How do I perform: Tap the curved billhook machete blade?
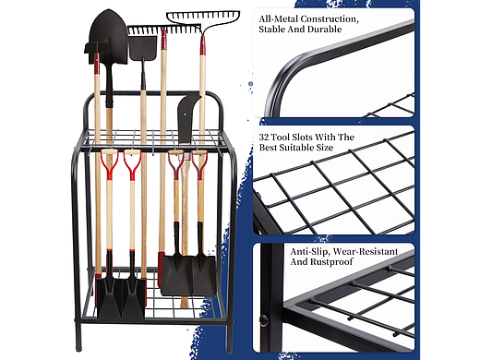point(187,118)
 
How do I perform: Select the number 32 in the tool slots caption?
point(264,138)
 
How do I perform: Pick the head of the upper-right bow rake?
point(203,19)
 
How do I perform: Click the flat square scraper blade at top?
point(143,48)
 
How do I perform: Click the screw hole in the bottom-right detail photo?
point(264,320)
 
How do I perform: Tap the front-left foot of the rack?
point(78,347)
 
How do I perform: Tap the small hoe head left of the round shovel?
point(96,49)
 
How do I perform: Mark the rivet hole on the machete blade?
point(185,114)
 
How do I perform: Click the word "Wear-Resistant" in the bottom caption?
point(366,252)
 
